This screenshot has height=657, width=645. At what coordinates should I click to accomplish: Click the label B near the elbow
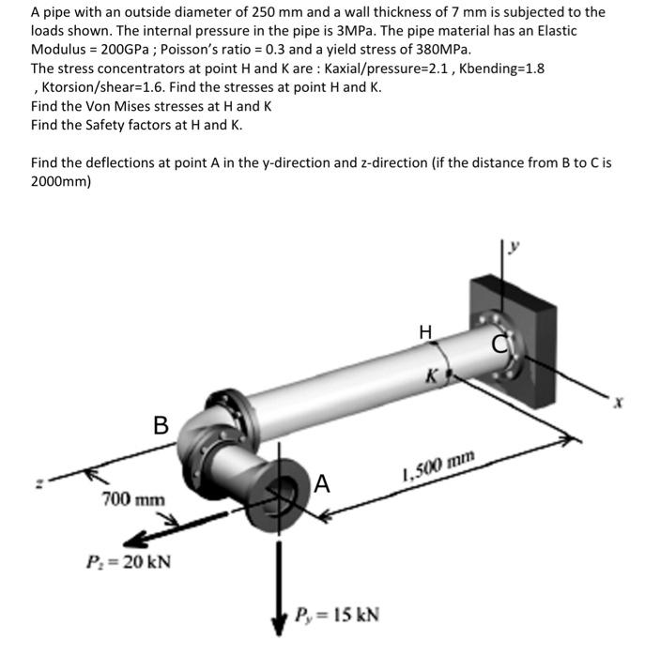(161, 425)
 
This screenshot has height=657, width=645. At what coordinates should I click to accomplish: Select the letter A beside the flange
(322, 483)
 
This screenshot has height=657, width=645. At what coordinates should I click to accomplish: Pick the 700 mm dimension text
(133, 499)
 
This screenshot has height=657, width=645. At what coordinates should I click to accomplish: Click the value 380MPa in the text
(440, 49)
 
